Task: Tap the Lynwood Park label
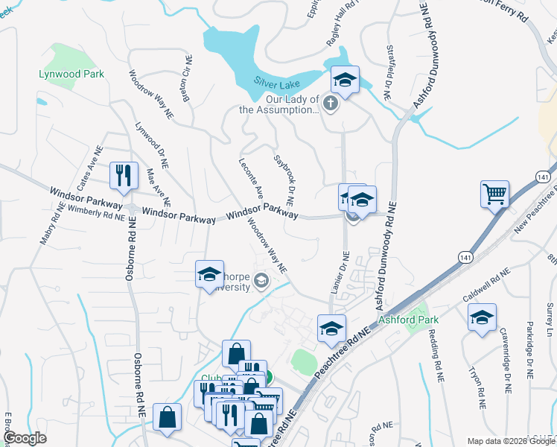pyautogui.click(x=71, y=74)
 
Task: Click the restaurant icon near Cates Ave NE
pyautogui.click(x=121, y=176)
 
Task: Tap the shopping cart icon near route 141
pyautogui.click(x=494, y=194)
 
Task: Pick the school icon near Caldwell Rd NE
pyautogui.click(x=483, y=317)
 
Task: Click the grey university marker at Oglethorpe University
pyautogui.click(x=261, y=281)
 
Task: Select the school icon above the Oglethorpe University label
pyautogui.click(x=210, y=273)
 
